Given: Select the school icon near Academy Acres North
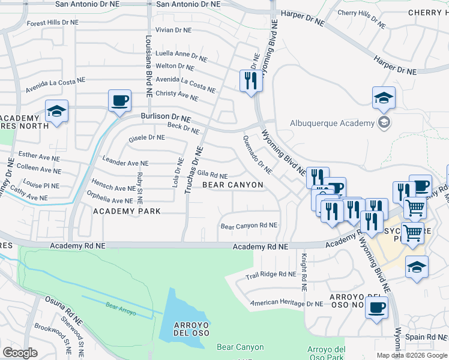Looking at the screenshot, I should [57, 111].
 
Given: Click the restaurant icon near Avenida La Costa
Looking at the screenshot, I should [250, 80].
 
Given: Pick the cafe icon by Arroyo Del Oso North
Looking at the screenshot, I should [376, 308].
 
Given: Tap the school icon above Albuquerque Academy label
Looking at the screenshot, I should [384, 98].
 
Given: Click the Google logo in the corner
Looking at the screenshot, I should [20, 353].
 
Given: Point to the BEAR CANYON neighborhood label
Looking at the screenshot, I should [232, 185].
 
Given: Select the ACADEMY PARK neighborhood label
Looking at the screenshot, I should [127, 211].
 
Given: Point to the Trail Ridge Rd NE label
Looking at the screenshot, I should [271, 275].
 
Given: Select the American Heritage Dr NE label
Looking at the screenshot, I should [286, 304].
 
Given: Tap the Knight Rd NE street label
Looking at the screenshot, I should [304, 272].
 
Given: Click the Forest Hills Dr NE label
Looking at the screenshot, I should [52, 23].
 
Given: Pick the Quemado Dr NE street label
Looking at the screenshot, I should [257, 154].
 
